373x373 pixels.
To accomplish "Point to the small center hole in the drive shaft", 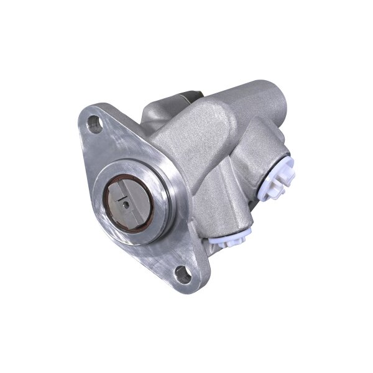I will point(125,201).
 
